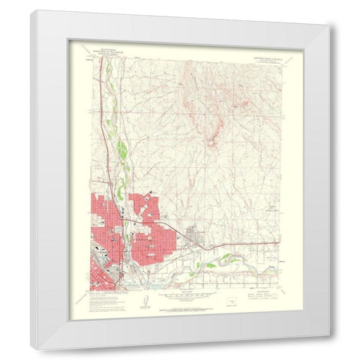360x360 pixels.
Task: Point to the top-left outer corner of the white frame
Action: [x=32, y=10]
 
